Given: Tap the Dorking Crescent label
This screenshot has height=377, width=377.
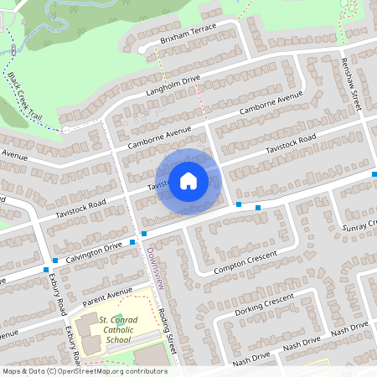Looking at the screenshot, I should tap(265, 304).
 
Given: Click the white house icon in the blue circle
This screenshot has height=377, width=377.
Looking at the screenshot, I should tap(188, 180).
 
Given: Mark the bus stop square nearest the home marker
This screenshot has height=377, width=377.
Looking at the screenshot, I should tap(239, 204).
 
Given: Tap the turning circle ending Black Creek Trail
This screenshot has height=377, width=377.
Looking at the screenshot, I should tap(65, 129).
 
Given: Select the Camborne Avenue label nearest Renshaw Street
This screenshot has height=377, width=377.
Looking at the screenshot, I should tap(270, 105).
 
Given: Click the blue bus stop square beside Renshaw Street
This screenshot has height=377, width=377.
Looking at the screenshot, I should tap(374, 173).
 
